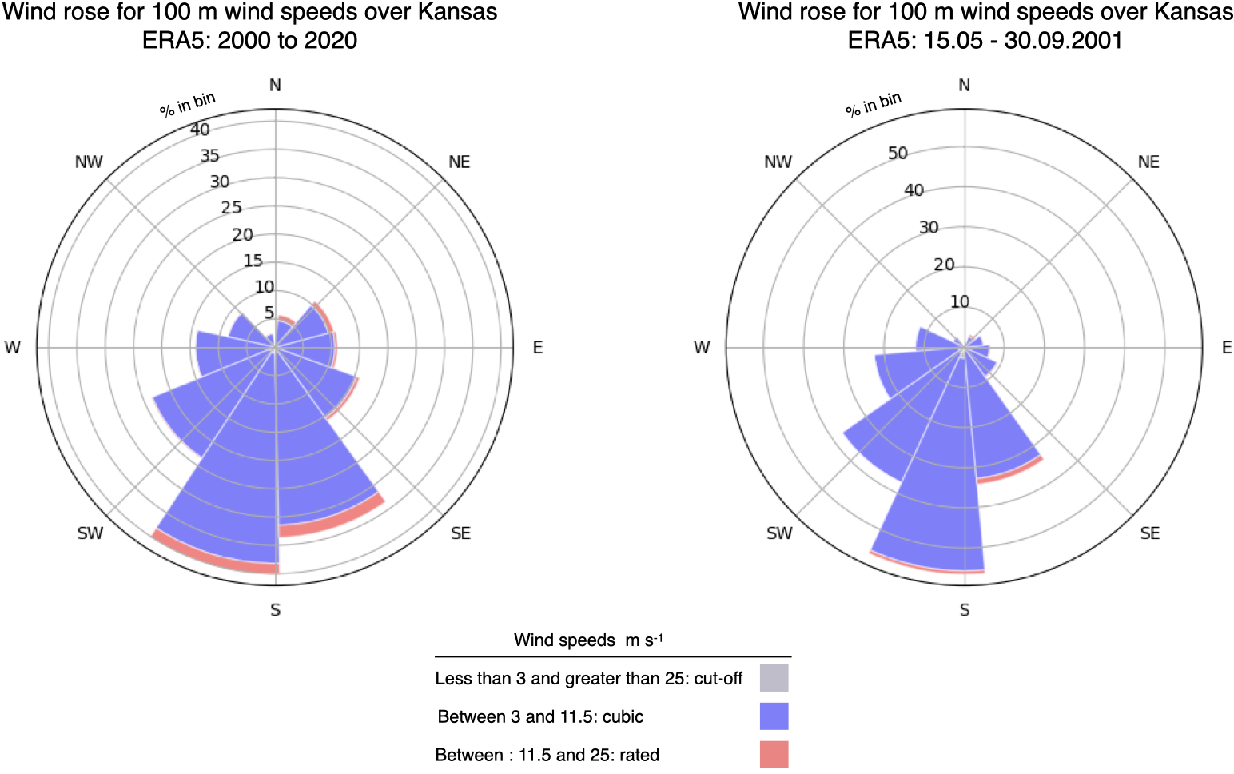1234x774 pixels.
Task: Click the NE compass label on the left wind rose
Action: point(459,162)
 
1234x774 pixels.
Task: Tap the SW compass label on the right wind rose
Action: point(779,533)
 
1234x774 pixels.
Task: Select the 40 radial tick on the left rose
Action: point(200,130)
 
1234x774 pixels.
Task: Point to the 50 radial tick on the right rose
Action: point(898,153)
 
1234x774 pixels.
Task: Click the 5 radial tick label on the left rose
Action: point(269,313)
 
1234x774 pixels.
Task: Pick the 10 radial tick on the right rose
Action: point(960,301)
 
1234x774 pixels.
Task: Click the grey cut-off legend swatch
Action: point(774,678)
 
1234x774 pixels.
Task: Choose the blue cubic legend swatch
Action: point(774,716)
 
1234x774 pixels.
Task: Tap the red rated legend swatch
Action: point(774,755)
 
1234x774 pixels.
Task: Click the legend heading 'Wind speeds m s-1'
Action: point(588,640)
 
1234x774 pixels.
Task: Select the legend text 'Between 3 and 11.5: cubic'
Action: point(540,716)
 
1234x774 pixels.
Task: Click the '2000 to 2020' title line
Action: point(250,40)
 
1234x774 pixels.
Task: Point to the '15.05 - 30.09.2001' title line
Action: point(985,40)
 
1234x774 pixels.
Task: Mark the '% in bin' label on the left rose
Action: point(187,105)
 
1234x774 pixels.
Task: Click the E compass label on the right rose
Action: point(1227,348)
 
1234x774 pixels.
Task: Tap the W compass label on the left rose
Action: point(12,348)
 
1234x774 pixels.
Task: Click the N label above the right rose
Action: point(965,86)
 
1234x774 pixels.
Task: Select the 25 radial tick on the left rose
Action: point(231,208)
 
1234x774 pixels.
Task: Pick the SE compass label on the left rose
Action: point(460,533)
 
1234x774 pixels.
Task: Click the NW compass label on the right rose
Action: point(778,162)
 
